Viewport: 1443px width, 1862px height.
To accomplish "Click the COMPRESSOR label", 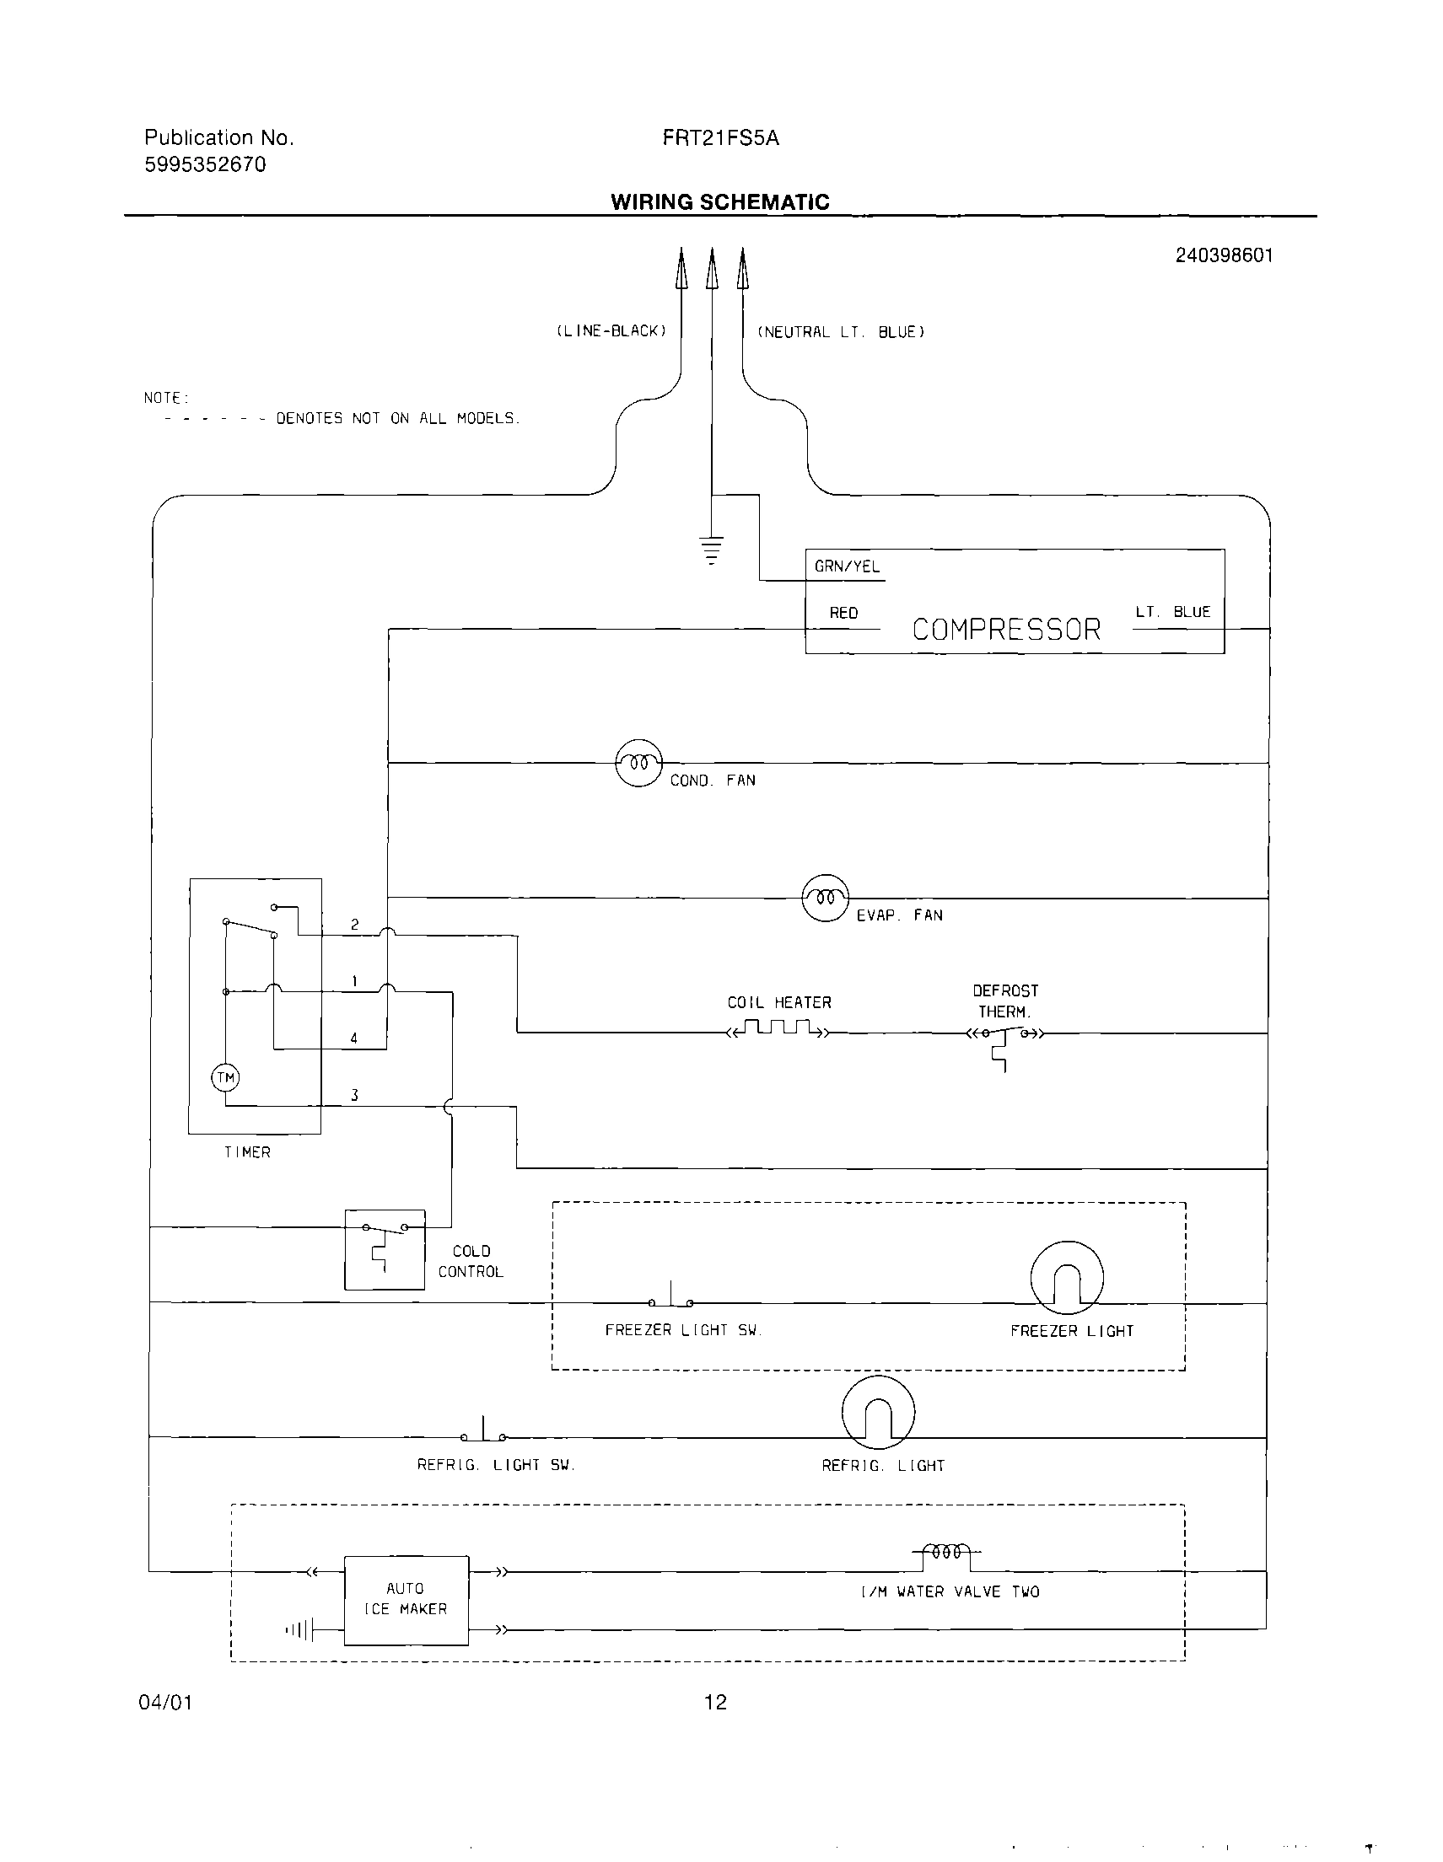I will [x=1006, y=630].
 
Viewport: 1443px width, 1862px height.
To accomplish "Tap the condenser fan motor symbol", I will [x=638, y=763].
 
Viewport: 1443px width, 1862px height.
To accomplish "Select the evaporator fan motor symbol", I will [x=826, y=898].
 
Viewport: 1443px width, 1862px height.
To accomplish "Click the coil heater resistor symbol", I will [x=777, y=1029].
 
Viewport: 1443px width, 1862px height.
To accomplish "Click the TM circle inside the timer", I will [x=225, y=1077].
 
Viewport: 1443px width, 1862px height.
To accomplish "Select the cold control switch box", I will [x=385, y=1249].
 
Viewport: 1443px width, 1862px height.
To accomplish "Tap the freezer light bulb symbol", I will [x=1067, y=1277].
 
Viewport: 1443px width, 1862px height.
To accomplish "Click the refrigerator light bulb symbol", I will [x=878, y=1412].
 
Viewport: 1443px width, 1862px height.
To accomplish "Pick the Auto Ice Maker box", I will [x=406, y=1599].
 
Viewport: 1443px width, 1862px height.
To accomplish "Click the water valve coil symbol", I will [x=946, y=1553].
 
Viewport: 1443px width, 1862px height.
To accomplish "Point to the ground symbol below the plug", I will [x=710, y=550].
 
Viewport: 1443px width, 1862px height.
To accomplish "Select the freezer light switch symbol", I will [x=671, y=1296].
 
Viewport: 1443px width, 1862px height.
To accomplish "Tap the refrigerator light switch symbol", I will [x=483, y=1431].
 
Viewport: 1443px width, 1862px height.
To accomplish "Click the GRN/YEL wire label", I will [x=847, y=567].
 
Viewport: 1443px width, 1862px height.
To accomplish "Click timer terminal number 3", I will [x=354, y=1095].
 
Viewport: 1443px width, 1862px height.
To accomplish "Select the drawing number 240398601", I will [x=1224, y=255].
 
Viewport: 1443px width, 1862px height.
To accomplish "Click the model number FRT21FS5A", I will [x=720, y=138].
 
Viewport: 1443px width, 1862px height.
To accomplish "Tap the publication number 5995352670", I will [x=206, y=164].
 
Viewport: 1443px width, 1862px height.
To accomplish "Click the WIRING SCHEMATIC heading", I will [x=719, y=202].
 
